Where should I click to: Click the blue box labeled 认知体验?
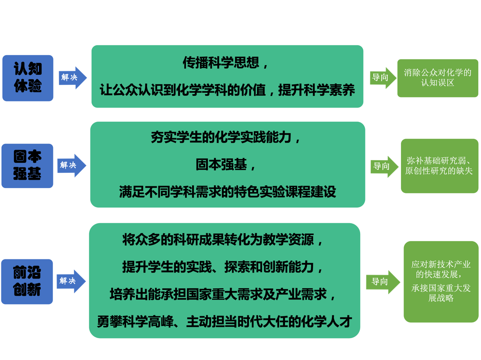click(x=28, y=78)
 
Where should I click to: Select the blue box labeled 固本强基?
click(x=28, y=166)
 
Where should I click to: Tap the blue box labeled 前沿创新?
click(x=27, y=281)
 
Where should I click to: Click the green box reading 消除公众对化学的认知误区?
click(x=437, y=78)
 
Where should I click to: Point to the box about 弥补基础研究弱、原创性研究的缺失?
click(x=439, y=166)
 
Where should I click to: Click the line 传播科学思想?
click(x=227, y=64)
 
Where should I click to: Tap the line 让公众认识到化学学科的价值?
click(x=227, y=91)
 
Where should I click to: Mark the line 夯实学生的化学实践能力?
click(x=227, y=138)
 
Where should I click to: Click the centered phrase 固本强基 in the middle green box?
click(x=227, y=165)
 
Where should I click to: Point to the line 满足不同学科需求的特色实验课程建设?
click(x=227, y=192)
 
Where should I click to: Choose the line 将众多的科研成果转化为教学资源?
click(x=224, y=240)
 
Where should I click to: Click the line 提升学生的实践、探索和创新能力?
click(x=224, y=266)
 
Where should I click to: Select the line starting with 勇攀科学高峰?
click(x=224, y=322)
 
